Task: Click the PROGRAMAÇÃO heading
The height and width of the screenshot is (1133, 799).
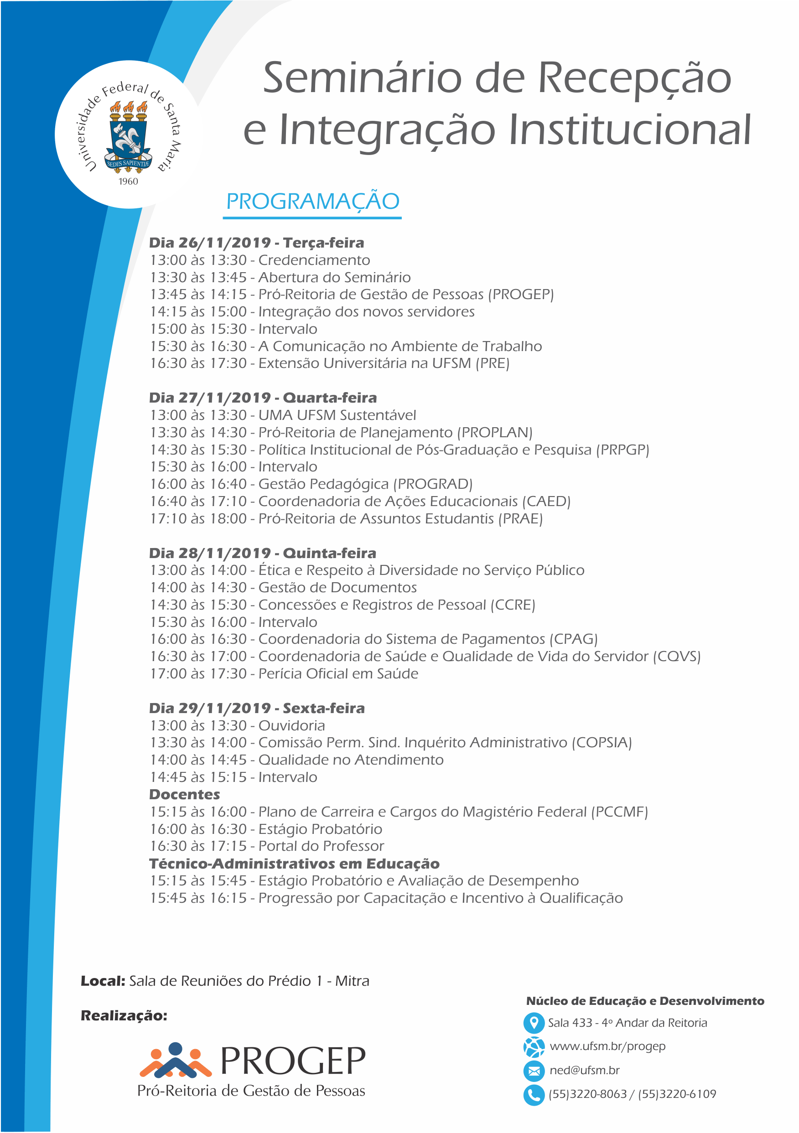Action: (x=312, y=202)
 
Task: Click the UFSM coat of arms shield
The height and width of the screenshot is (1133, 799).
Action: (x=128, y=139)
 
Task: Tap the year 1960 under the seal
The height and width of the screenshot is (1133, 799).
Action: (x=128, y=181)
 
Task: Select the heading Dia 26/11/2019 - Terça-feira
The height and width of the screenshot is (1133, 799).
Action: (x=257, y=243)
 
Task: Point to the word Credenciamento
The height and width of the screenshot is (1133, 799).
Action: (x=314, y=260)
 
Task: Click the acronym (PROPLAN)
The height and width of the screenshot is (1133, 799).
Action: (x=494, y=432)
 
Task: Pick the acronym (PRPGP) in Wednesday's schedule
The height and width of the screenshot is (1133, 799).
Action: (x=623, y=450)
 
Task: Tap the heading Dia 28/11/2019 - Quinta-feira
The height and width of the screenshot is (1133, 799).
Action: (x=263, y=553)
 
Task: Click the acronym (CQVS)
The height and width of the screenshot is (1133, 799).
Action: (x=677, y=656)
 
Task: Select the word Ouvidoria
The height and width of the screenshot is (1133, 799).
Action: (x=292, y=725)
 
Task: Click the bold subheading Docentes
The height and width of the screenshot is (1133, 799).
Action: (x=185, y=795)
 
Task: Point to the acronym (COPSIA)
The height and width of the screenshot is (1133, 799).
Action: (x=602, y=743)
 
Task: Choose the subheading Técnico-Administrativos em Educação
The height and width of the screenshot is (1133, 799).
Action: (x=294, y=864)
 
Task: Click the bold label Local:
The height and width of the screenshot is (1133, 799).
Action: (x=103, y=981)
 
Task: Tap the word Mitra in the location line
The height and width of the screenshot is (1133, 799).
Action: (x=353, y=981)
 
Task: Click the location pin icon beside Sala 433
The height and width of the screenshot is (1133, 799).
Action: (x=534, y=1023)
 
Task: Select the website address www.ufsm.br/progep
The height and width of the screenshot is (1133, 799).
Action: (x=607, y=1046)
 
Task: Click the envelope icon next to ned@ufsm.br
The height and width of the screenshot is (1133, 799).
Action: (x=534, y=1071)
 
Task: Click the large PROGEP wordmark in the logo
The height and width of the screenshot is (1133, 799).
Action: (x=293, y=1061)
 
